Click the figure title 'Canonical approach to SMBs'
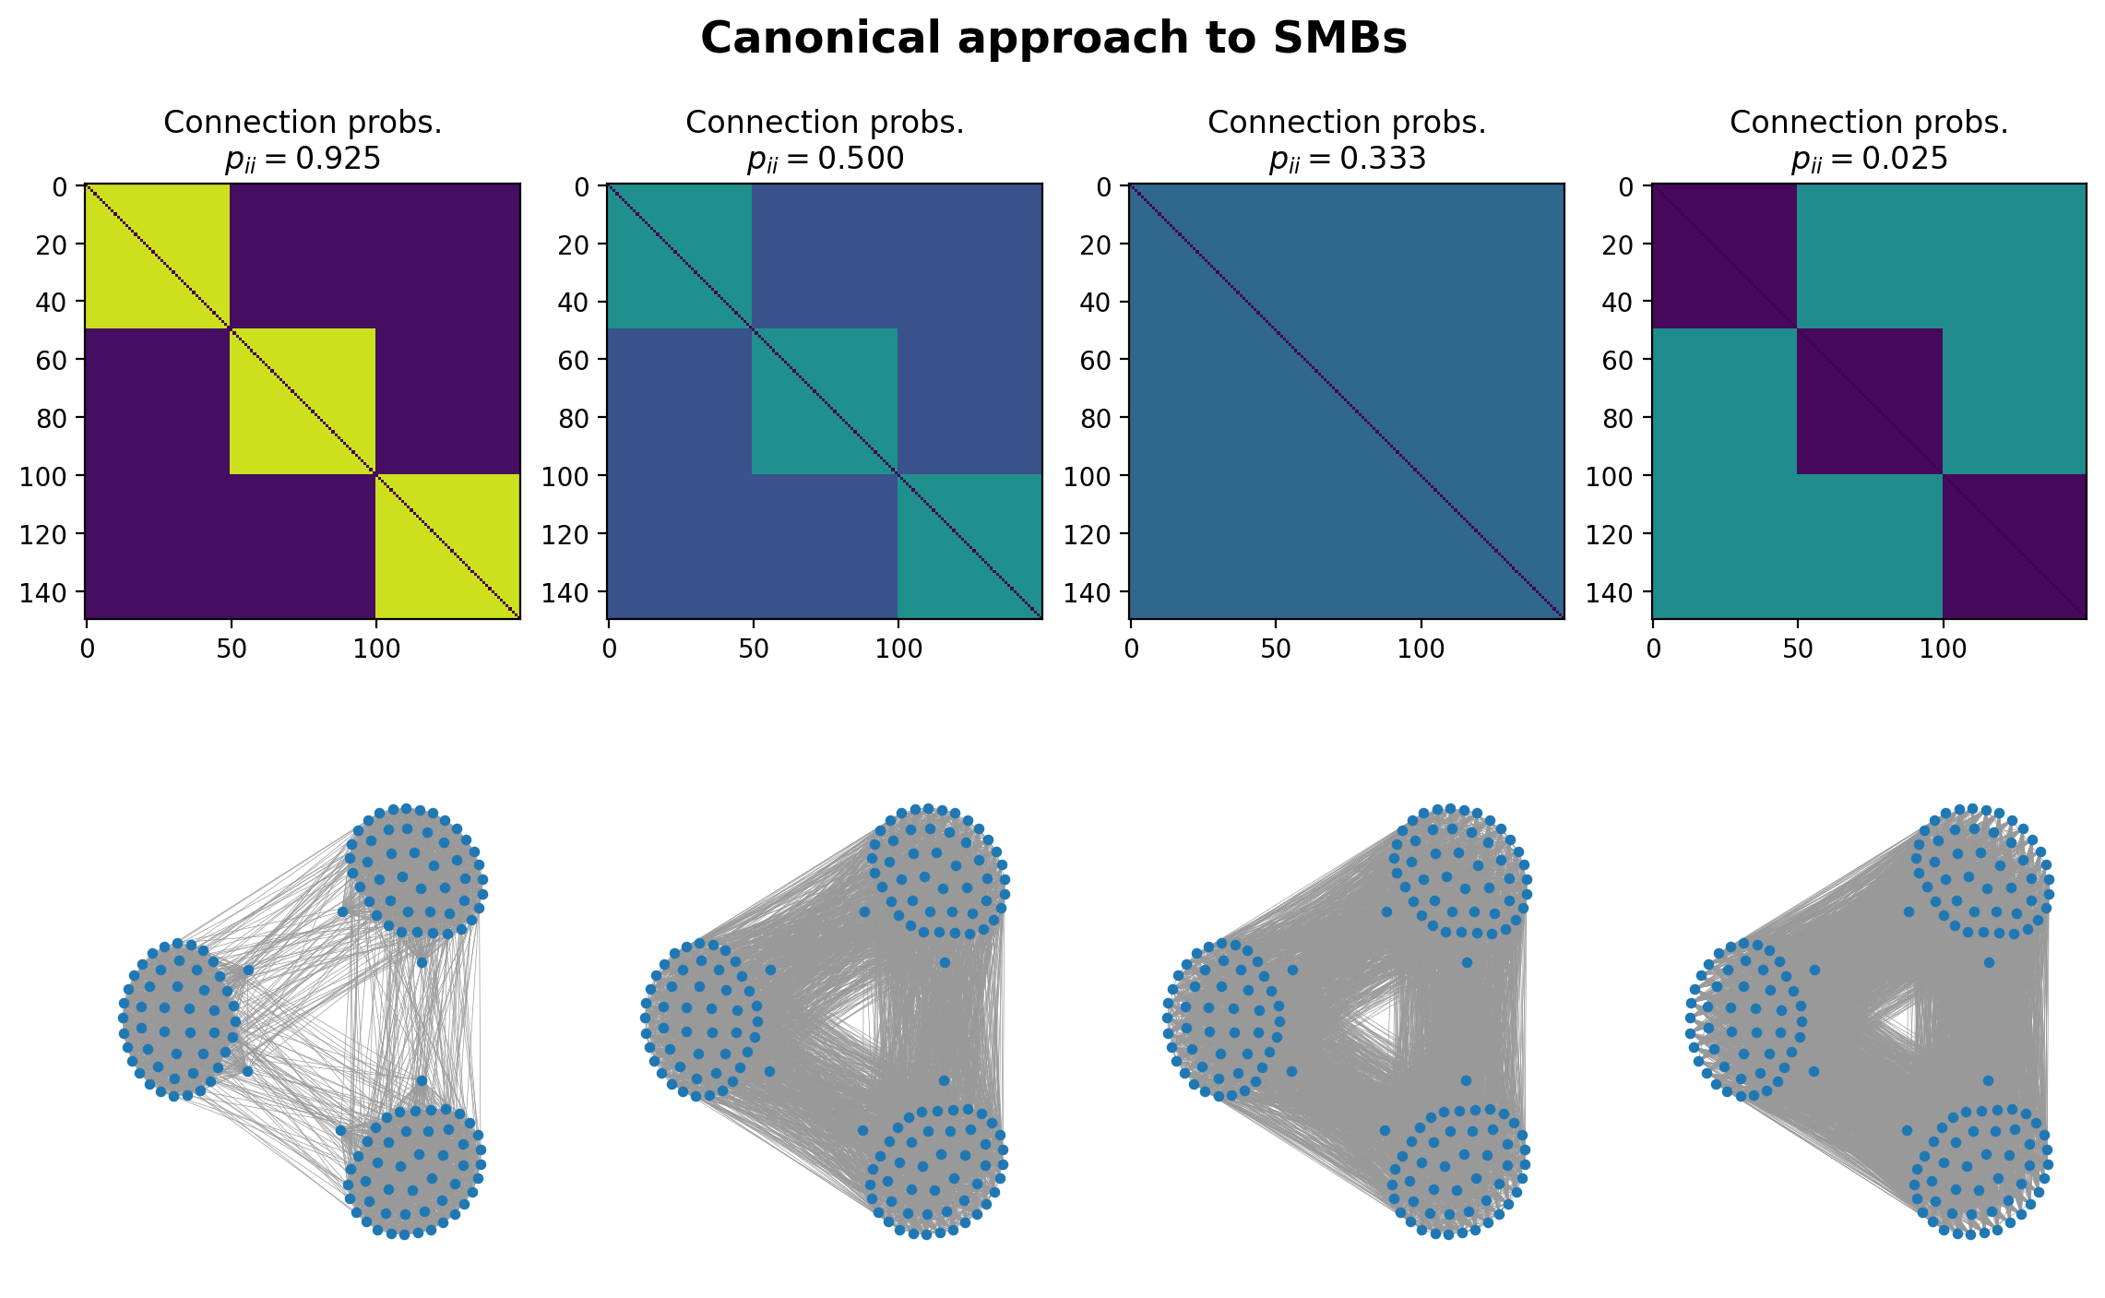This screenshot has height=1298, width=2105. click(x=1053, y=39)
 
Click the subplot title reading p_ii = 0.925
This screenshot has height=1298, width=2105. click(x=303, y=159)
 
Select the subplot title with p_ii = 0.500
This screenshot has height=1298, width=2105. click(x=825, y=159)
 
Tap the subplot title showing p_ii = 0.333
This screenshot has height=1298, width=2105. click(x=1347, y=159)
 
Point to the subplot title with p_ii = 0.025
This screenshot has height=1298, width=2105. click(x=1869, y=159)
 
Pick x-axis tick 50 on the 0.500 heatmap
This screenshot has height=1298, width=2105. click(x=754, y=649)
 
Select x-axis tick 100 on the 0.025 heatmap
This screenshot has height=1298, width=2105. click(x=1943, y=649)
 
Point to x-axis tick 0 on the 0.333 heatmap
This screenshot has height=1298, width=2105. click(x=1131, y=649)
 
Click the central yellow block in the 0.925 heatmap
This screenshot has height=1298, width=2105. click(x=303, y=401)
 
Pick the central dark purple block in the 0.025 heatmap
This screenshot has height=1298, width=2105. click(x=1869, y=401)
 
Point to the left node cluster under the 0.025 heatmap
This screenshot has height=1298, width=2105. click(x=1743, y=1019)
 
